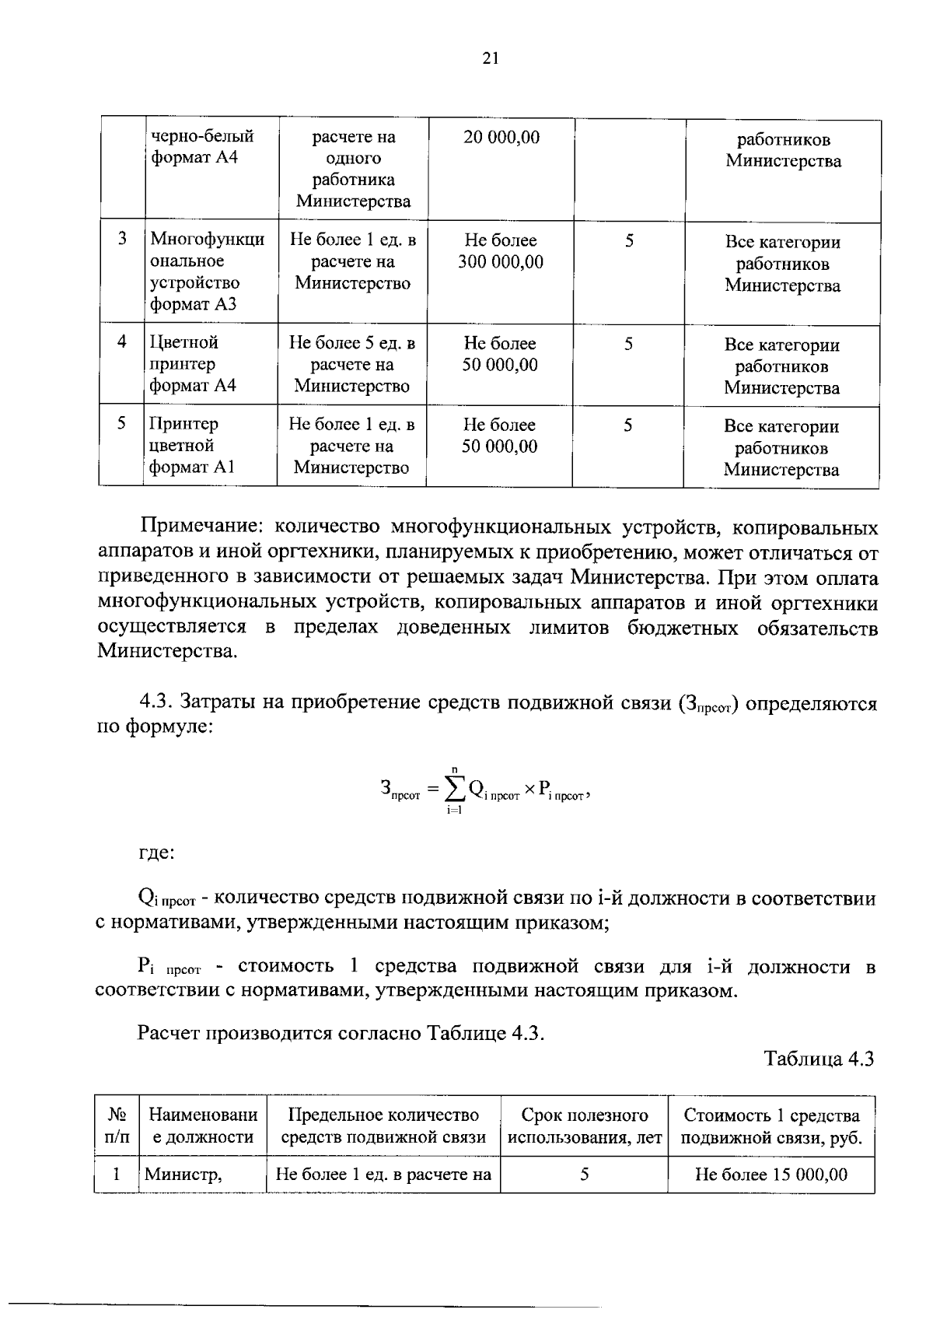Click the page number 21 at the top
(490, 58)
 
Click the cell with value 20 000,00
(501, 138)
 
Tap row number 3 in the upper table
(122, 239)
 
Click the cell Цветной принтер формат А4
(193, 363)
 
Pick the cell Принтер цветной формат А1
(191, 445)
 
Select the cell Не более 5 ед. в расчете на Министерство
(352, 364)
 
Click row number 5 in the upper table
(121, 423)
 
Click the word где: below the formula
(155, 853)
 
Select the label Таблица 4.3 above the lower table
(819, 1059)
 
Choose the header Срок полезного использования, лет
(584, 1126)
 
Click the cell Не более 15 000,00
(771, 1175)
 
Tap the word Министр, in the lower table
(183, 1175)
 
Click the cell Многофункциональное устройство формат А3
(206, 271)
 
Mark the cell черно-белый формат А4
(202, 147)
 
